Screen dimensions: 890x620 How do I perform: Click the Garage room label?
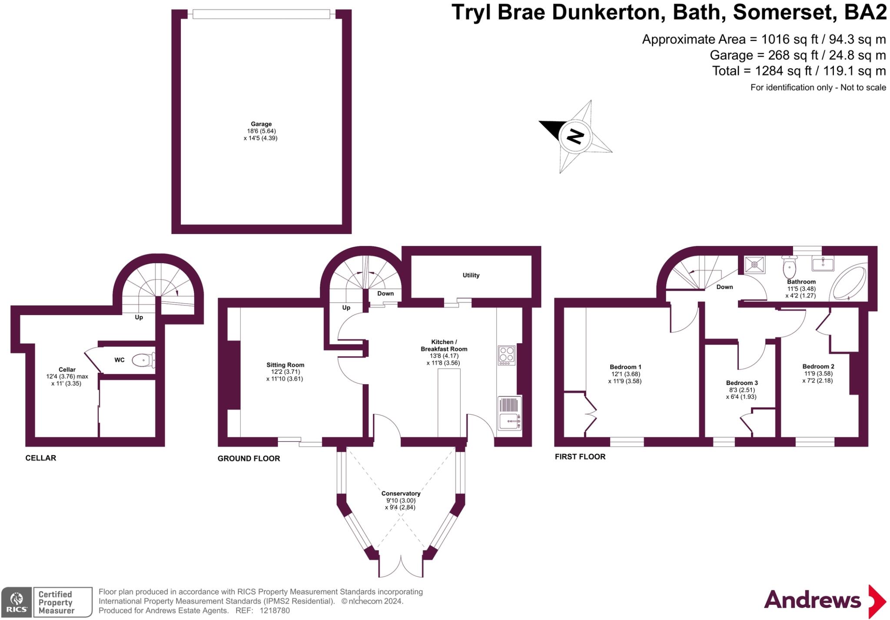[261, 124]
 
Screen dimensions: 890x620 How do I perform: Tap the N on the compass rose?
[575, 136]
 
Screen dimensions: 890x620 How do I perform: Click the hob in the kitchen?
[506, 355]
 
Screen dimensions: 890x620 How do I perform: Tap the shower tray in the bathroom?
[755, 264]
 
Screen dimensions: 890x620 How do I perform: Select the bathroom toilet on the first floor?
[789, 266]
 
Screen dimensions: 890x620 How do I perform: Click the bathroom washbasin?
[823, 263]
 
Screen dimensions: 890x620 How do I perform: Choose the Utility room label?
[471, 275]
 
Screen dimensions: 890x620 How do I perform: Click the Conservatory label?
[401, 494]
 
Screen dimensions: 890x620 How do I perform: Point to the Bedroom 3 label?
[742, 383]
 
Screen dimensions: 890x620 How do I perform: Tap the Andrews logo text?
[812, 600]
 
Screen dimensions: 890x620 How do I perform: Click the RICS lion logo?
[17, 602]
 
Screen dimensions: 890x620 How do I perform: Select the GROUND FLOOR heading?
[249, 458]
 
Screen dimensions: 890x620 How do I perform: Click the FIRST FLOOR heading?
[580, 457]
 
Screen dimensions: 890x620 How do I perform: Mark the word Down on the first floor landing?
[724, 287]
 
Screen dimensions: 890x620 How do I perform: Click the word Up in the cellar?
[139, 317]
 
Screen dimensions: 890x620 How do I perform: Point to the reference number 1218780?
[275, 610]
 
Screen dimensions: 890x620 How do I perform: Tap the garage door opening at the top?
[261, 14]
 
